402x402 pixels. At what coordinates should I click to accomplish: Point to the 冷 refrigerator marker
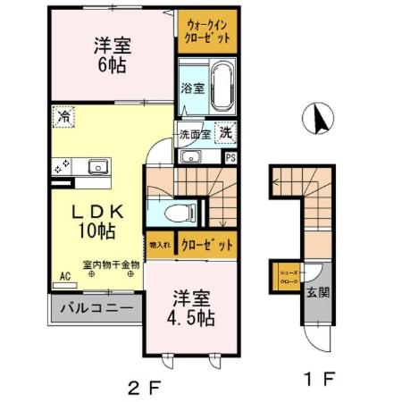point(63,116)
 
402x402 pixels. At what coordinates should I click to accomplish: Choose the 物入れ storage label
point(161,243)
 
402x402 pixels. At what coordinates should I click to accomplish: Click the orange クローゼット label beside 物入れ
point(206,243)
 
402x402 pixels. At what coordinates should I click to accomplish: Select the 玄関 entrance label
point(318,291)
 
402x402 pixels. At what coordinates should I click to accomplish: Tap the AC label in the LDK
point(65,277)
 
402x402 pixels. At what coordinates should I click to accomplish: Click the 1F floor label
point(319,379)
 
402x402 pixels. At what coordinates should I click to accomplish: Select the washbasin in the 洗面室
point(190,158)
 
